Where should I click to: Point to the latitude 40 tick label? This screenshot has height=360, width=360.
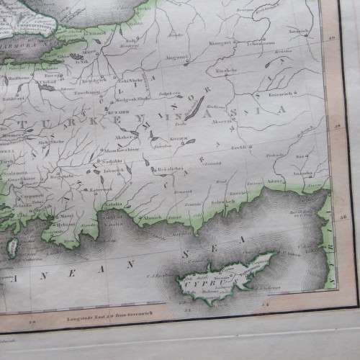click(x=332, y=38)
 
